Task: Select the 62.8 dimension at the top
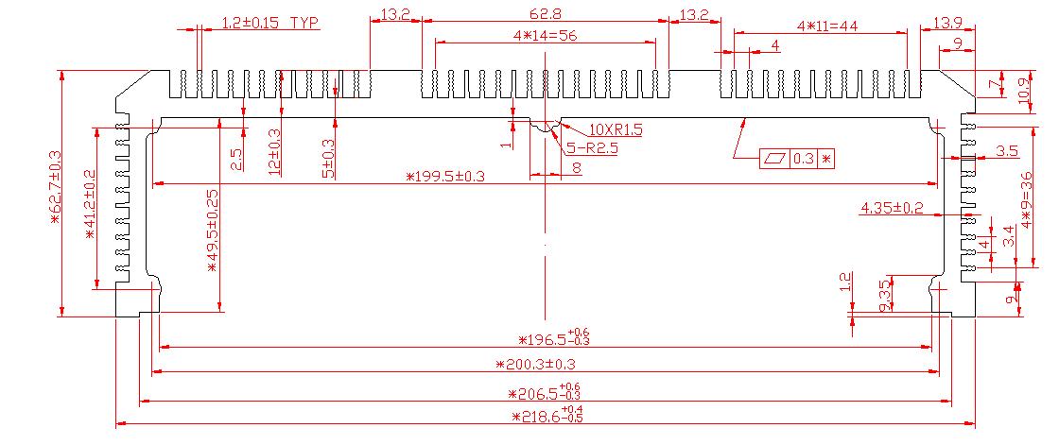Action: click(546, 14)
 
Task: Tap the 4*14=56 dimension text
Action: click(544, 35)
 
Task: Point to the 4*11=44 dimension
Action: click(826, 26)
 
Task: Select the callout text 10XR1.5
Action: click(615, 129)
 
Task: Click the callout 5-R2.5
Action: click(592, 147)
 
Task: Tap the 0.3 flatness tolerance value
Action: click(803, 159)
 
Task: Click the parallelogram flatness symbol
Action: click(774, 159)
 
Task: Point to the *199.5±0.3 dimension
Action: click(444, 177)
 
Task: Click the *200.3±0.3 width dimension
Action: click(535, 364)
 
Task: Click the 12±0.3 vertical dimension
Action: click(275, 151)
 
